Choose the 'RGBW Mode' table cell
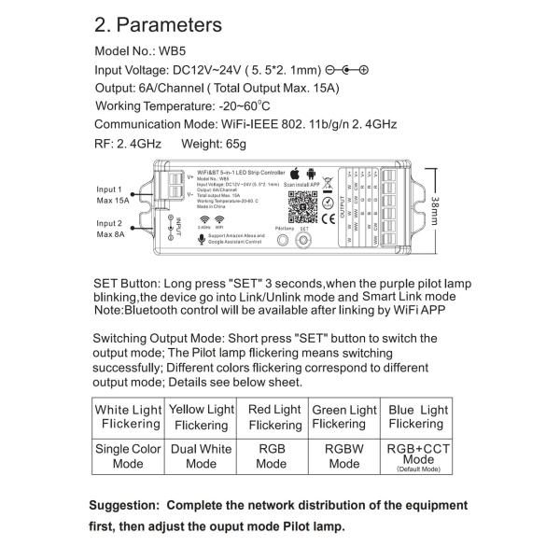[x=343, y=455]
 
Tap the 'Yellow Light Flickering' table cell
[x=201, y=416]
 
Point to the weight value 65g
[x=228, y=145]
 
